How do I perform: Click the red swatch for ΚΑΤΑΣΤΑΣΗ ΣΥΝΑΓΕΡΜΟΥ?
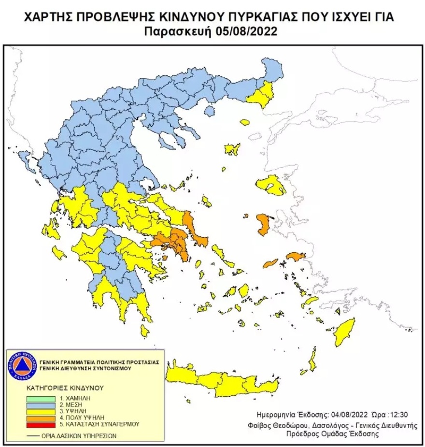[x=40, y=425]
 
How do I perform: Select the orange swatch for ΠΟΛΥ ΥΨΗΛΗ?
[x=40, y=417]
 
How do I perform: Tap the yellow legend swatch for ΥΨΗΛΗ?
[x=40, y=410]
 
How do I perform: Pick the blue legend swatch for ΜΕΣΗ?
[x=40, y=403]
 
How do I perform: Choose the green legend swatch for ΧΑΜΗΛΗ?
[x=40, y=397]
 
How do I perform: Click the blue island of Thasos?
[x=209, y=112]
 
